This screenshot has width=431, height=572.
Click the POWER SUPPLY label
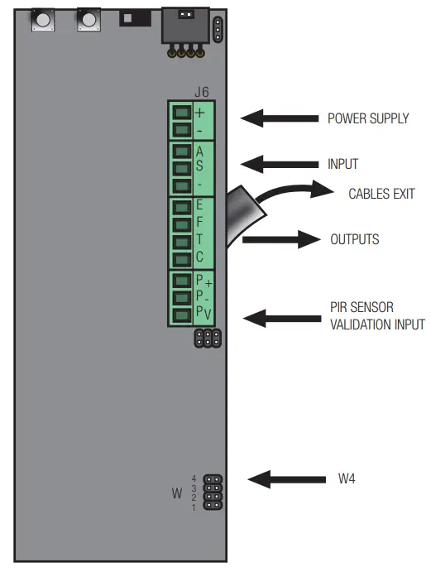368,118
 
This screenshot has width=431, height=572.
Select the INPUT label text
342,164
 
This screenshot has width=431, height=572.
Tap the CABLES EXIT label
381,194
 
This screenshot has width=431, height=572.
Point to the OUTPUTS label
354,240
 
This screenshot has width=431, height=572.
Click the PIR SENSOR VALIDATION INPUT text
376,317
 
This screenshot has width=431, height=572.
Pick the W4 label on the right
347,478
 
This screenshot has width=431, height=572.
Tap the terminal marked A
181,151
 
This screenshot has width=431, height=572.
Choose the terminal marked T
181,240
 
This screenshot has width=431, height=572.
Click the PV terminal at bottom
181,314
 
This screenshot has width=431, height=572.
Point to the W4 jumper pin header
213,493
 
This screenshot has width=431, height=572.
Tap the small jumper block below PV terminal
207,338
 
